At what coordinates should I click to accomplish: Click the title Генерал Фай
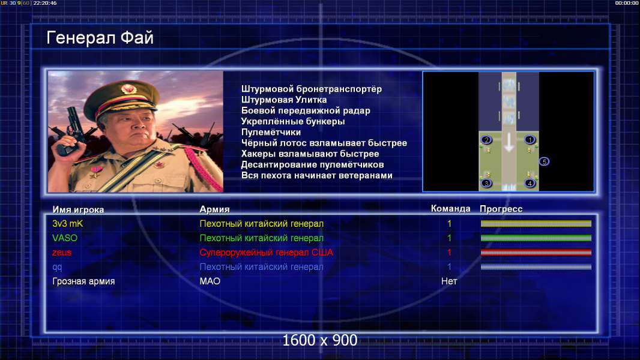(100, 38)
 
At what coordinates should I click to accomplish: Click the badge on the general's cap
(128, 89)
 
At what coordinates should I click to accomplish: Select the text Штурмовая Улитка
(283, 100)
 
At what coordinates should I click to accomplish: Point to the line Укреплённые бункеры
(292, 121)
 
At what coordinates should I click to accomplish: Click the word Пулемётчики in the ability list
(271, 132)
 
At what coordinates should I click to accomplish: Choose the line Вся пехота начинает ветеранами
(317, 176)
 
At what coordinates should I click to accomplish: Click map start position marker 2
(486, 140)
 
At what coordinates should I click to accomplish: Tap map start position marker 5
(544, 162)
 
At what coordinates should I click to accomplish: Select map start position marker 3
(486, 184)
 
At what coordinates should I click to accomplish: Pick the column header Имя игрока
(78, 209)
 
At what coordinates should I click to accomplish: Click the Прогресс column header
(501, 209)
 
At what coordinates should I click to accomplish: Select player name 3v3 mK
(67, 223)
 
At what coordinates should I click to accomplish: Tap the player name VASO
(64, 238)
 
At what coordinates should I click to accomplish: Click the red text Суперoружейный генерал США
(266, 253)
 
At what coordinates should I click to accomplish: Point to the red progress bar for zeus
(536, 253)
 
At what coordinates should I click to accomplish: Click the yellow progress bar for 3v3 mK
(536, 223)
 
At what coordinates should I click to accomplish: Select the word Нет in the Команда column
(449, 281)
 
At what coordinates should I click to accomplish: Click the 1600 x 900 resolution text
(319, 340)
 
